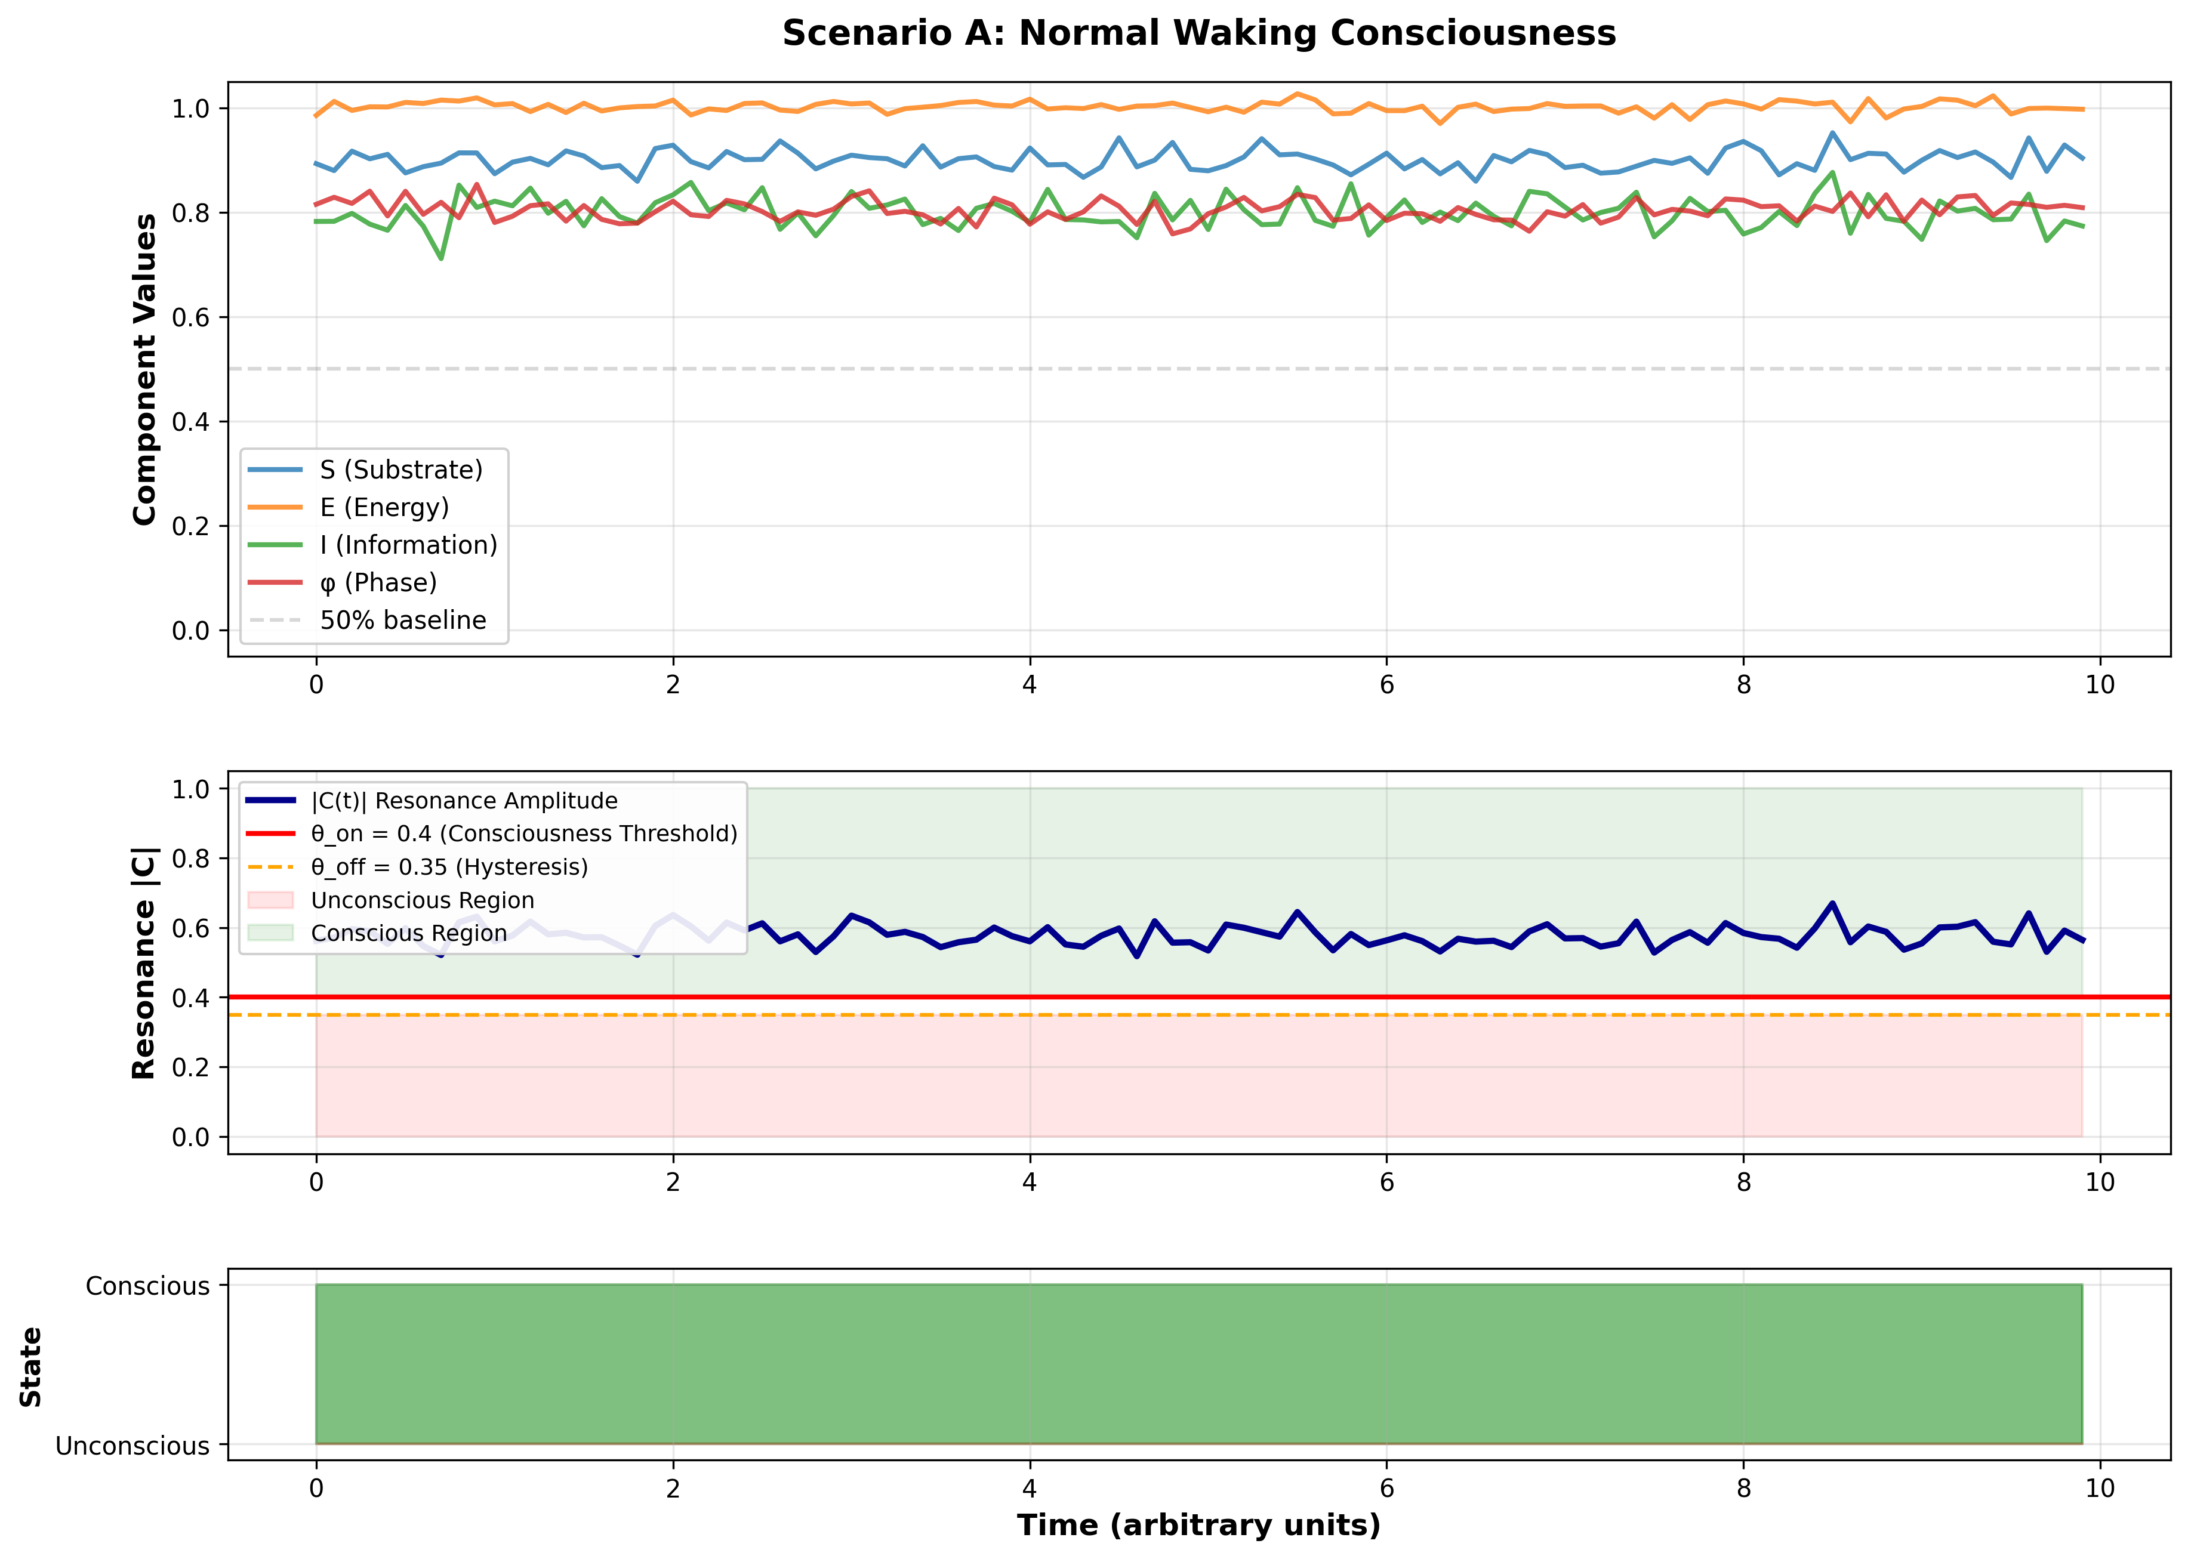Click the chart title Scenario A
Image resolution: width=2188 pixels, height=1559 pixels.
pyautogui.click(x=1198, y=33)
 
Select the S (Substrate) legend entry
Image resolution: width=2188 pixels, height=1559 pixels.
pyautogui.click(x=400, y=470)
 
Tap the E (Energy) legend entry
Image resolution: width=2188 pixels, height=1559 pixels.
pyautogui.click(x=384, y=507)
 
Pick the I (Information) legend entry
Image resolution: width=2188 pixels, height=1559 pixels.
pyautogui.click(x=408, y=544)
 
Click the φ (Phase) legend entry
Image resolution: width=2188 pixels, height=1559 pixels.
pyautogui.click(x=378, y=582)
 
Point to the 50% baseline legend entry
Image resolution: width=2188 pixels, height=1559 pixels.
pyautogui.click(x=402, y=620)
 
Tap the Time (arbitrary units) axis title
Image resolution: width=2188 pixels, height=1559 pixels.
pyautogui.click(x=1198, y=1524)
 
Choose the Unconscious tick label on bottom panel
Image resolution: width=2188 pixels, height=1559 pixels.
pyautogui.click(x=132, y=1446)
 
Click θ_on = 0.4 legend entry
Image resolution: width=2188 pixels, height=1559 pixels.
pyautogui.click(x=523, y=833)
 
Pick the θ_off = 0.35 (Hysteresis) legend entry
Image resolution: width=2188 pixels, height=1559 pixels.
pyautogui.click(x=448, y=867)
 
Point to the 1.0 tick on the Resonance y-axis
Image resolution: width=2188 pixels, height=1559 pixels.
pyautogui.click(x=190, y=789)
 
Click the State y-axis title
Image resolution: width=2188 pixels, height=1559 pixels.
pyautogui.click(x=30, y=1367)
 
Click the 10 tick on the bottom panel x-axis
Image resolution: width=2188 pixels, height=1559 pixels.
pyautogui.click(x=2100, y=1488)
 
